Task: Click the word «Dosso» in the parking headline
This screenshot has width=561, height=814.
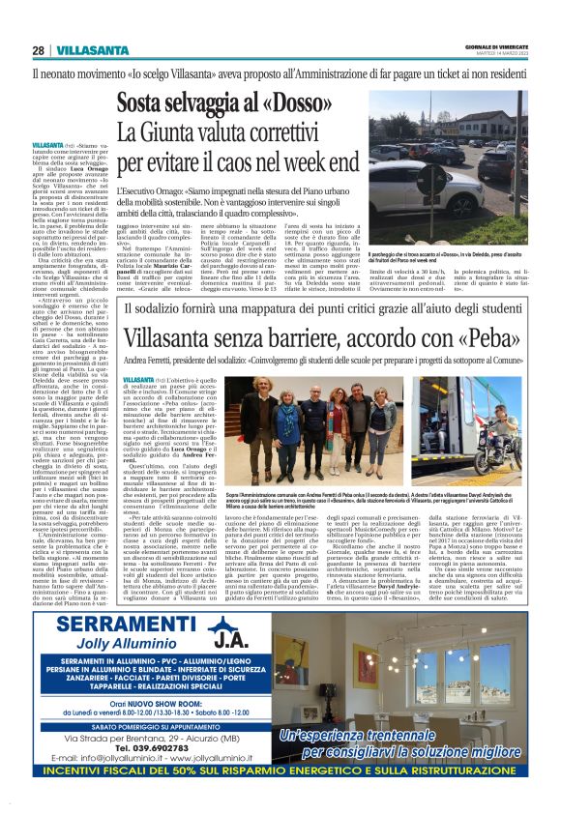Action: (x=319, y=102)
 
